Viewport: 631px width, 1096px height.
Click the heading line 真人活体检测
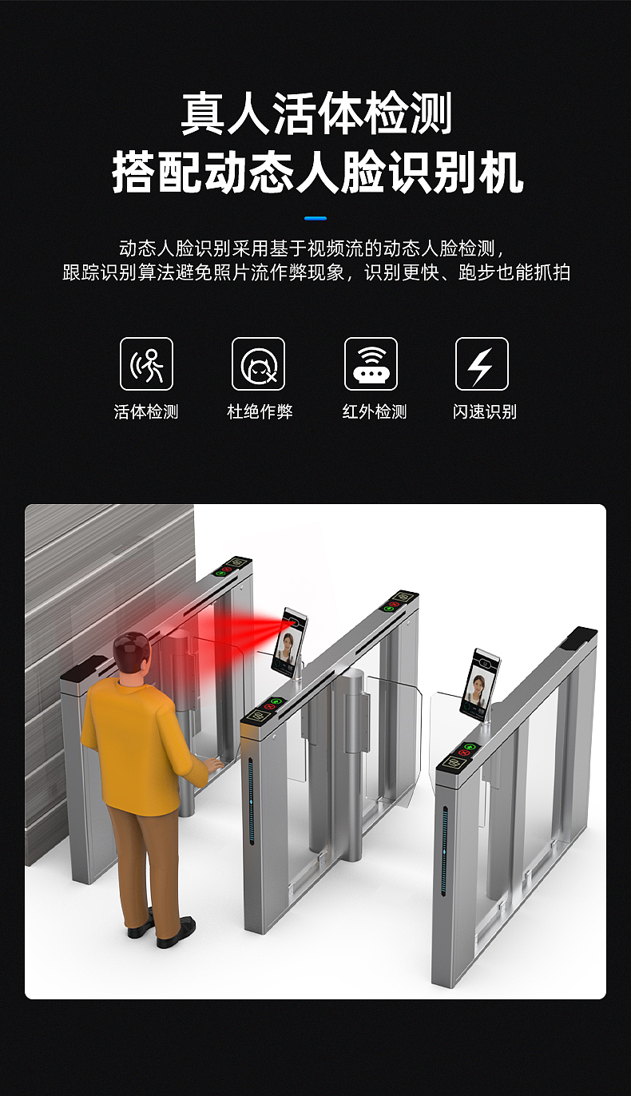(x=315, y=113)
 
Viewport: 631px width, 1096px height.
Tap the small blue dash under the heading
(x=315, y=218)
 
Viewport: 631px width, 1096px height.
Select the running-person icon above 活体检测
(x=146, y=364)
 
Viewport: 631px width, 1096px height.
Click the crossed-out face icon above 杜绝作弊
(x=259, y=364)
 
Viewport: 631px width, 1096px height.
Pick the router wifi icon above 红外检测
(x=371, y=364)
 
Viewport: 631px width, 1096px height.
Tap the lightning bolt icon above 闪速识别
(x=482, y=364)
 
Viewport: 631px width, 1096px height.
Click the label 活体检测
(x=146, y=412)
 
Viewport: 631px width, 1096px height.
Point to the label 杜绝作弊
(x=260, y=412)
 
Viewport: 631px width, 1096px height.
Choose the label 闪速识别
(x=484, y=412)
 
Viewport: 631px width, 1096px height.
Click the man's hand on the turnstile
(x=212, y=765)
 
